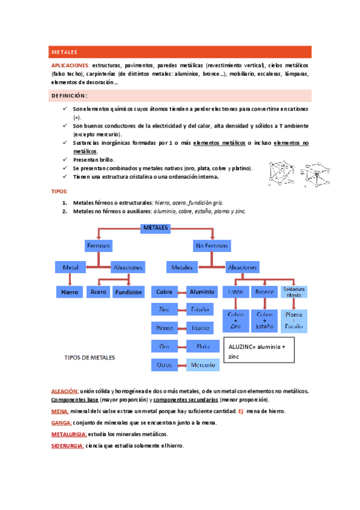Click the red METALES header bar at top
[180, 52]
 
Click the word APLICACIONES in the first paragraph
[70, 65]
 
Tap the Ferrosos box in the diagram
[99, 246]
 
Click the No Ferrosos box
[212, 246]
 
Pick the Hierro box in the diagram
[70, 292]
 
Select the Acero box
[98, 292]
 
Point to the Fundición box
[128, 292]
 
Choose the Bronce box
[264, 292]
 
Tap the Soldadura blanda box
[294, 292]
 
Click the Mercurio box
[198, 365]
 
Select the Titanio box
[198, 328]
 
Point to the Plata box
[198, 346]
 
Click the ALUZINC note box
[260, 352]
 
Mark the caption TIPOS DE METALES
[90, 357]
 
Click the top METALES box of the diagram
[156, 228]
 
